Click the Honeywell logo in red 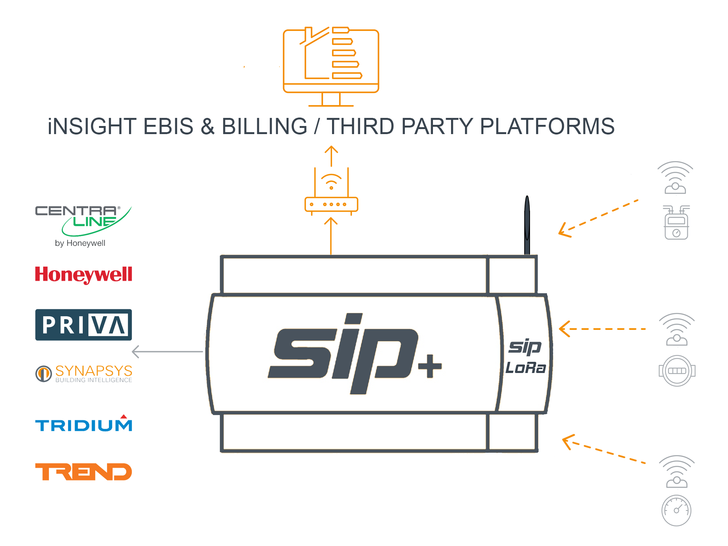coord(84,275)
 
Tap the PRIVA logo coord(84,325)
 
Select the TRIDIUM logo coord(84,423)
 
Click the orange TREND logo coord(84,472)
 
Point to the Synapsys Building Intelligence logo coord(84,373)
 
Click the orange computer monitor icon coord(331,66)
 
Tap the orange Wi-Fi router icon coord(331,191)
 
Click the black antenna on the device coord(527,225)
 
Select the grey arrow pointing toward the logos coord(167,351)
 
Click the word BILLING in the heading coord(265,126)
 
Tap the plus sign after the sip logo coord(430,366)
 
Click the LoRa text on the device coord(526,368)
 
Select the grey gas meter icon coord(676,222)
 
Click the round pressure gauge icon coord(676,511)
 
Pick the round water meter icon coord(677,371)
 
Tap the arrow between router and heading coord(331,156)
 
